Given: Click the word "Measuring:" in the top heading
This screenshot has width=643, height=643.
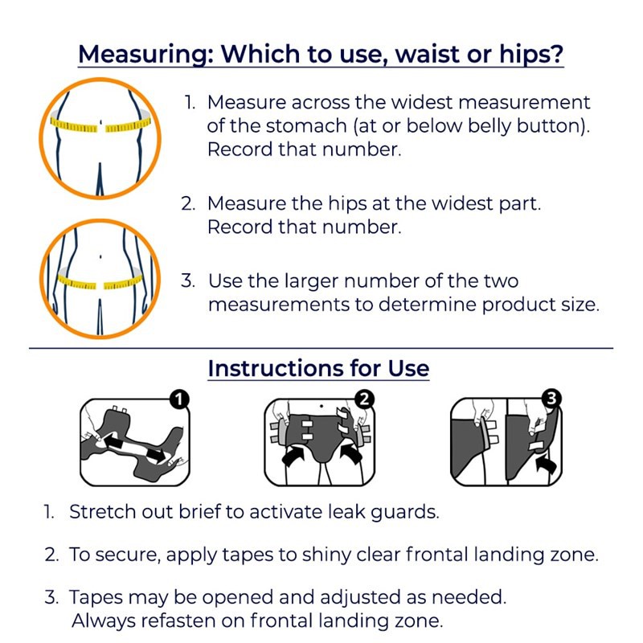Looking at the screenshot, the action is [145, 54].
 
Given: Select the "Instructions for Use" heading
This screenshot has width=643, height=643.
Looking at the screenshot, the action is [318, 368].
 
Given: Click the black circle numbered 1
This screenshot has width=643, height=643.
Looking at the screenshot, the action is [178, 399].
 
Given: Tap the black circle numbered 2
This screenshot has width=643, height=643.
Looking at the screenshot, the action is [364, 399].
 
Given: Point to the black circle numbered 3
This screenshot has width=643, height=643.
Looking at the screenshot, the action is [551, 399].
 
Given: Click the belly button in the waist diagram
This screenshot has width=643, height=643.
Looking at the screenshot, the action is [101, 122].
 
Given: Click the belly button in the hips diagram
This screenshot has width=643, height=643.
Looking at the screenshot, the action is [101, 257].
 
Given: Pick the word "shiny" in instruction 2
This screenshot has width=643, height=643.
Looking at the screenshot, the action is [326, 555].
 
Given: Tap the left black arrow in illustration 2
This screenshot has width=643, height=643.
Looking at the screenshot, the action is [293, 456].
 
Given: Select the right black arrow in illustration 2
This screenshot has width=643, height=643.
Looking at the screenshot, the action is [350, 456].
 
